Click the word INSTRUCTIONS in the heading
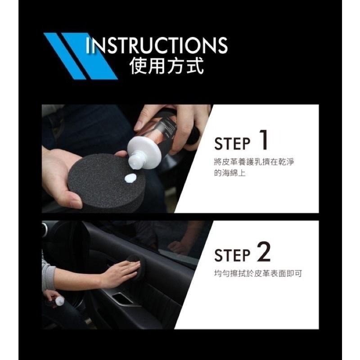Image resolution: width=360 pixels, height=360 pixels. point(156,45)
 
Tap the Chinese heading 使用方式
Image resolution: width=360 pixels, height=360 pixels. point(166,67)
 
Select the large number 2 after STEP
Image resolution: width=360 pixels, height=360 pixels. point(263,253)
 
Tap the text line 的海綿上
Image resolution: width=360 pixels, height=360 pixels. point(229,172)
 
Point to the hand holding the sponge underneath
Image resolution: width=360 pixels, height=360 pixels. point(61,178)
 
